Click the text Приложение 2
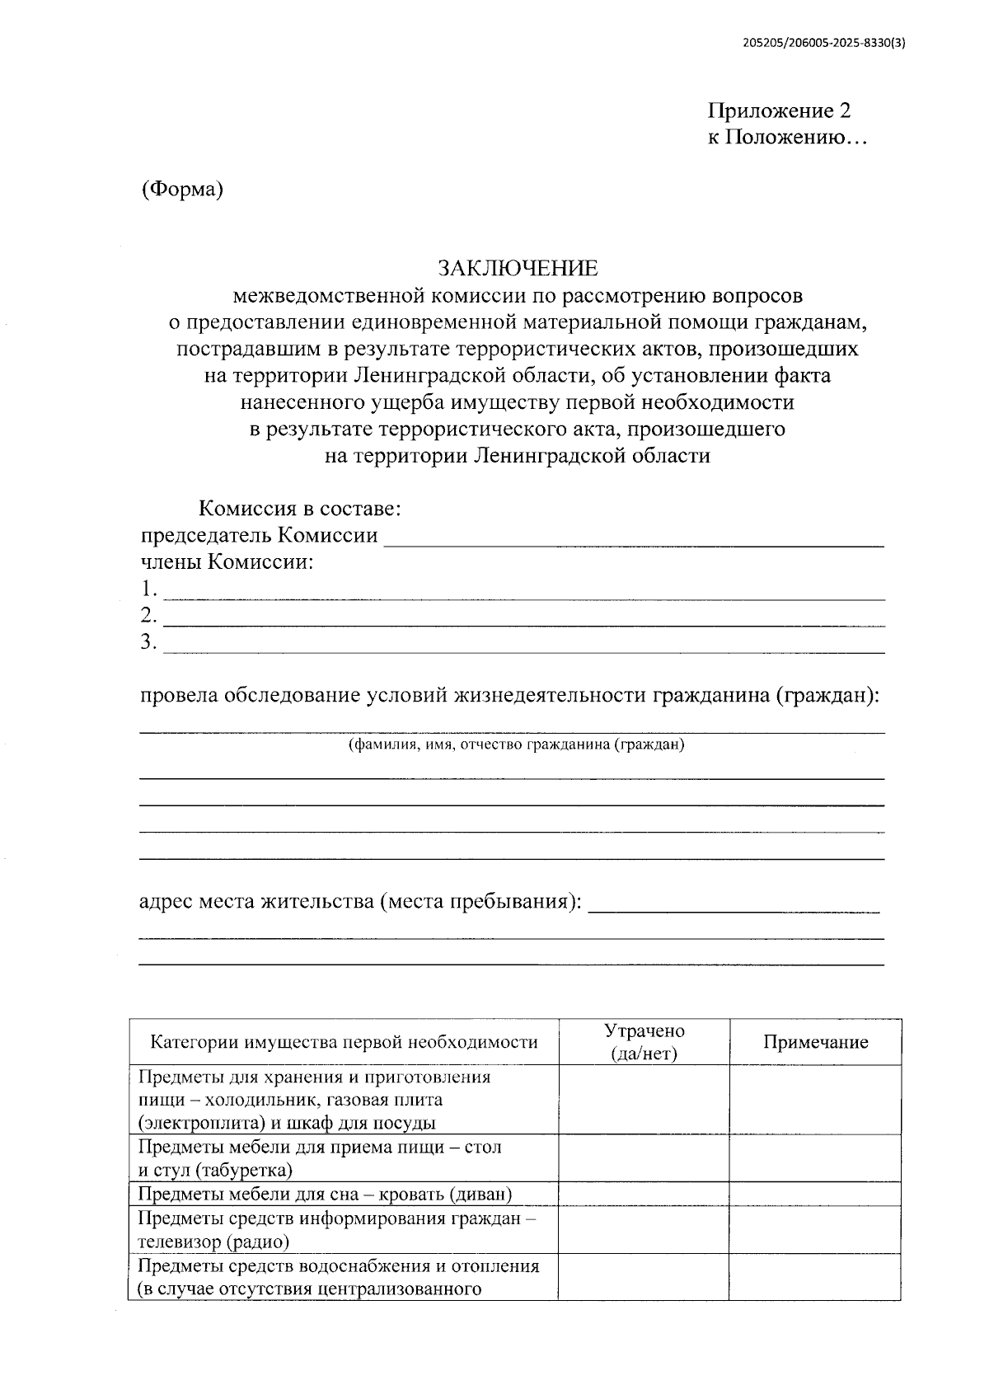[x=779, y=111]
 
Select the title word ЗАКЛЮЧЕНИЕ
[x=517, y=268]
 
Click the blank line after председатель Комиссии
[x=635, y=540]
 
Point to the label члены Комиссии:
[x=227, y=563]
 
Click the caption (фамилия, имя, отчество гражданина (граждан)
[x=516, y=744]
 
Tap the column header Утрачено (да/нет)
[x=644, y=1042]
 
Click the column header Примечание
[x=815, y=1042]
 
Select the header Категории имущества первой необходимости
[x=344, y=1042]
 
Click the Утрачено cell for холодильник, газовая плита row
[x=644, y=1100]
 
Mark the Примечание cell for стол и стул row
[x=815, y=1158]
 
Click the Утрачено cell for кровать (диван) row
[x=644, y=1195]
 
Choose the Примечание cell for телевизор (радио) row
[x=815, y=1229]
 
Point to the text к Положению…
[x=787, y=138]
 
